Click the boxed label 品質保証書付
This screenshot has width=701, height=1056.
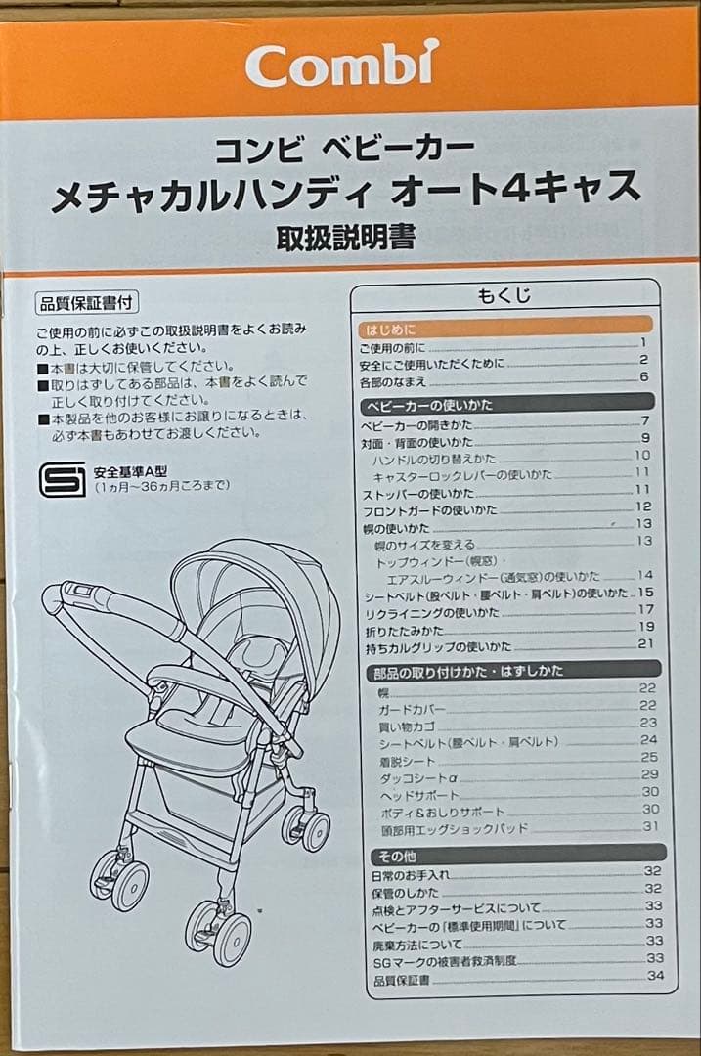[x=84, y=303]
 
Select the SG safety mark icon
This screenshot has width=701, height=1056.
[x=63, y=480]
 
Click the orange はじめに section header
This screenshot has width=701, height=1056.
[x=390, y=329]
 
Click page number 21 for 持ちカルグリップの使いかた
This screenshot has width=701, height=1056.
[x=644, y=643]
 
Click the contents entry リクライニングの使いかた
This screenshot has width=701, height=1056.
[x=430, y=611]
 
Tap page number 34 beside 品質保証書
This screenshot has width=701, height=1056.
[x=654, y=975]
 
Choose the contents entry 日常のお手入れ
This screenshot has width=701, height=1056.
[x=412, y=873]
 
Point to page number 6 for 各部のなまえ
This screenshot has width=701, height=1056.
[x=644, y=376]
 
